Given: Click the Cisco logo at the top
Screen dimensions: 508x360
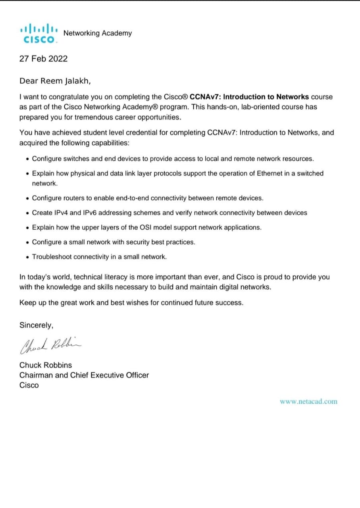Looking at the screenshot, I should point(39,33).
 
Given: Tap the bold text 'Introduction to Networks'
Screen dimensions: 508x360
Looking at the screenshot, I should point(266,97).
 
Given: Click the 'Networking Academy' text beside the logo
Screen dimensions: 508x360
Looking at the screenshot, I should point(98,33).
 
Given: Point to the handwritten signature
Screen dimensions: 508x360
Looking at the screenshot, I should point(51,346).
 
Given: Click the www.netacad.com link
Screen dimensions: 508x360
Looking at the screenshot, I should point(308,401).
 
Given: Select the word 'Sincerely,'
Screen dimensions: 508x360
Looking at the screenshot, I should point(36,325).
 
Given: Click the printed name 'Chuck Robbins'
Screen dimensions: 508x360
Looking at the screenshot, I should point(46,365).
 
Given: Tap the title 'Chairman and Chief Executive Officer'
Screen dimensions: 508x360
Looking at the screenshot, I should point(84,375).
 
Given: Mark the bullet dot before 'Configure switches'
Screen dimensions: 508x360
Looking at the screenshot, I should point(27,159).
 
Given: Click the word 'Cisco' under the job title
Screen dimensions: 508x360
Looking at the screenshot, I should point(29,385).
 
